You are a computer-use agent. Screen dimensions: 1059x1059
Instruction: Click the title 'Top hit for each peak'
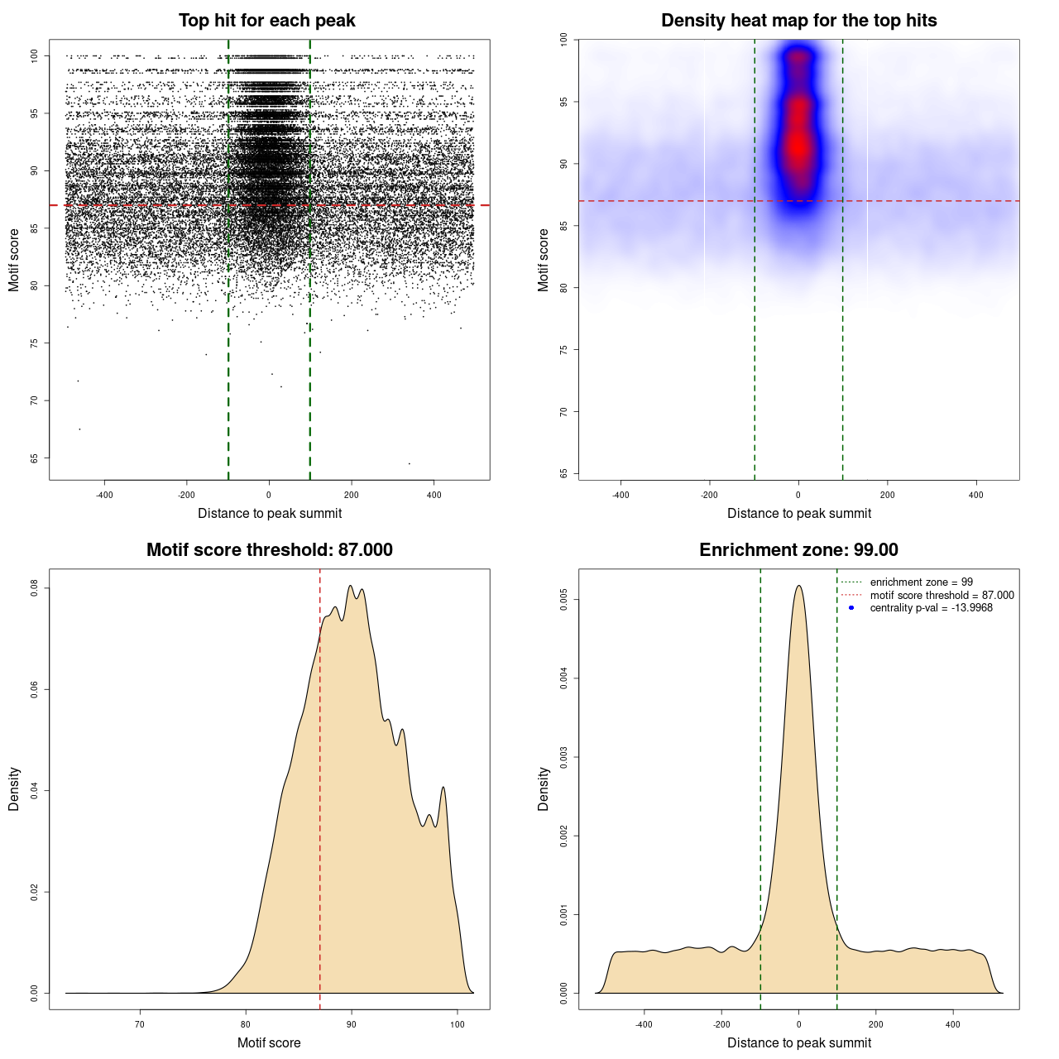pos(266,21)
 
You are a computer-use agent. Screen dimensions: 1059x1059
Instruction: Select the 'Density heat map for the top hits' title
pos(798,21)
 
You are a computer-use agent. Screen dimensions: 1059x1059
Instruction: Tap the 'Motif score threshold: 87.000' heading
pos(269,550)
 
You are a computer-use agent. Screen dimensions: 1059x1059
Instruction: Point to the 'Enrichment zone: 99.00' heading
pos(798,550)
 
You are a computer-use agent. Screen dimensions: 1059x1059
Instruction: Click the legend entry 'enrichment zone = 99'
pos(921,582)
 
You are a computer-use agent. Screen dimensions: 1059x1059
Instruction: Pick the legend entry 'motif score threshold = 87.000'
pos(942,595)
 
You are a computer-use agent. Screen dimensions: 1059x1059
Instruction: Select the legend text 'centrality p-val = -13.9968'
pos(931,608)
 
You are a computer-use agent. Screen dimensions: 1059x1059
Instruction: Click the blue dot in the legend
pos(851,608)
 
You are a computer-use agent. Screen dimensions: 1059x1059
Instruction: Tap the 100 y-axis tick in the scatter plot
pos(35,55)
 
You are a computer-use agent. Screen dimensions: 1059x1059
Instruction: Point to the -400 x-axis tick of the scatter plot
pos(104,495)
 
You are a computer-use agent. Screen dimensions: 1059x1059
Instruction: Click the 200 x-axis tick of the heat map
pos(887,495)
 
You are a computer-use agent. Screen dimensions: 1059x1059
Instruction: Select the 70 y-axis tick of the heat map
pos(563,412)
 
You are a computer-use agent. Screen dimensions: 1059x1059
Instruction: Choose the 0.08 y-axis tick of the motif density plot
pos(35,588)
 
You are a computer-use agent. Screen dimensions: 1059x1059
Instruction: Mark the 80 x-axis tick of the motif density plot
pos(246,1024)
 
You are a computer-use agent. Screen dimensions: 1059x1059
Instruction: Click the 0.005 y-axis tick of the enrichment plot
pos(563,600)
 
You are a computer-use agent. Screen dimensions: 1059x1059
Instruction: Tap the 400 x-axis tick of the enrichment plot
pos(953,1024)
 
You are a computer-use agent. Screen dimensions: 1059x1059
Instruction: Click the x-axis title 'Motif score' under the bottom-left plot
pos(269,1042)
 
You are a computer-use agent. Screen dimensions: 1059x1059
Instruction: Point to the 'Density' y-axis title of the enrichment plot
pos(544,788)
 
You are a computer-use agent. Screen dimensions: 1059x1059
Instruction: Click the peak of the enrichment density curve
pos(798,586)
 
